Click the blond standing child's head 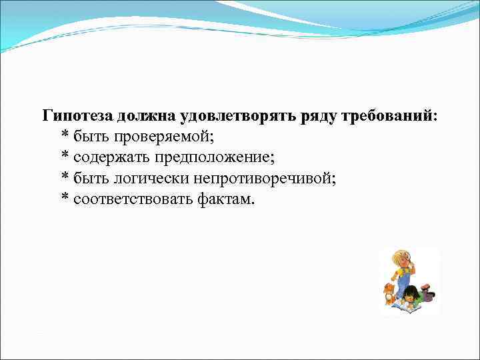click(401, 259)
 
